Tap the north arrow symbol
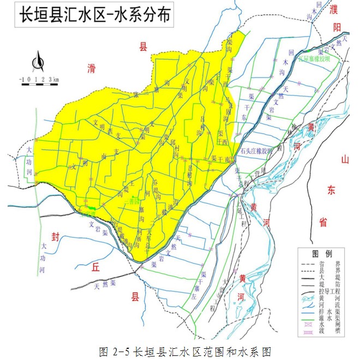(38, 61)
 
